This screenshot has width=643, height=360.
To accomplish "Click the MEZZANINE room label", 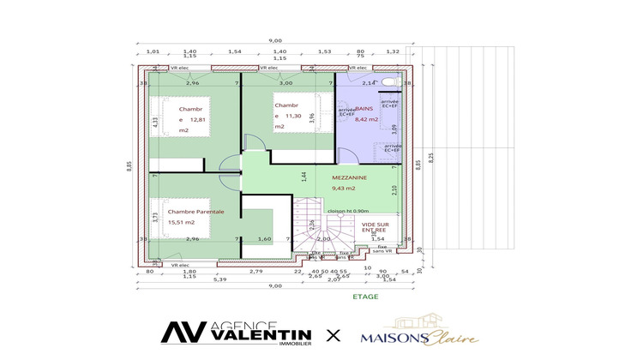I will tap(349, 177).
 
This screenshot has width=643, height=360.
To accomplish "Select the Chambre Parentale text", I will tap(195, 212).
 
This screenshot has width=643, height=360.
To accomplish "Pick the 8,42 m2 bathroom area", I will tap(366, 120).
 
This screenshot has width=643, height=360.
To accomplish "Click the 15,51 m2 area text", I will tap(182, 222).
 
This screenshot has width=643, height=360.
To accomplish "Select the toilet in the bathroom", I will tap(389, 81).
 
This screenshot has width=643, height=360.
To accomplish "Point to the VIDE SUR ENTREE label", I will tap(374, 226).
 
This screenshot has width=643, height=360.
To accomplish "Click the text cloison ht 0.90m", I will tap(349, 210).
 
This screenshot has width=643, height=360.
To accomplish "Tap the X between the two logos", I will tap(334, 333).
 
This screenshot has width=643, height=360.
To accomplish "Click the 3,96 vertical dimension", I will tap(311, 117).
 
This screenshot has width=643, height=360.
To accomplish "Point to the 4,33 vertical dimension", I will tap(155, 122).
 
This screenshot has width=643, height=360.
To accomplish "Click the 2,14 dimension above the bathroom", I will tap(368, 83).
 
